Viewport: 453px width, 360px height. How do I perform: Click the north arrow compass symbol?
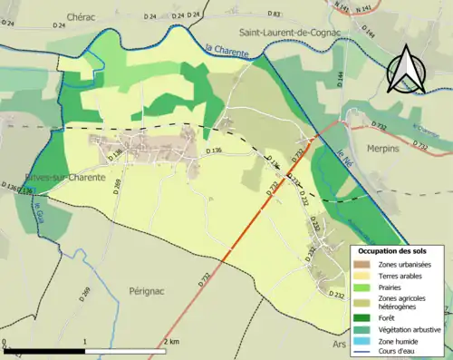(x=408, y=66)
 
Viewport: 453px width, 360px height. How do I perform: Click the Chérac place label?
(x=81, y=17)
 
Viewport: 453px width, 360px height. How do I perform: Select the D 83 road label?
(x=275, y=15)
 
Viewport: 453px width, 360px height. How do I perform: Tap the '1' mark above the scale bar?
(x=85, y=342)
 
